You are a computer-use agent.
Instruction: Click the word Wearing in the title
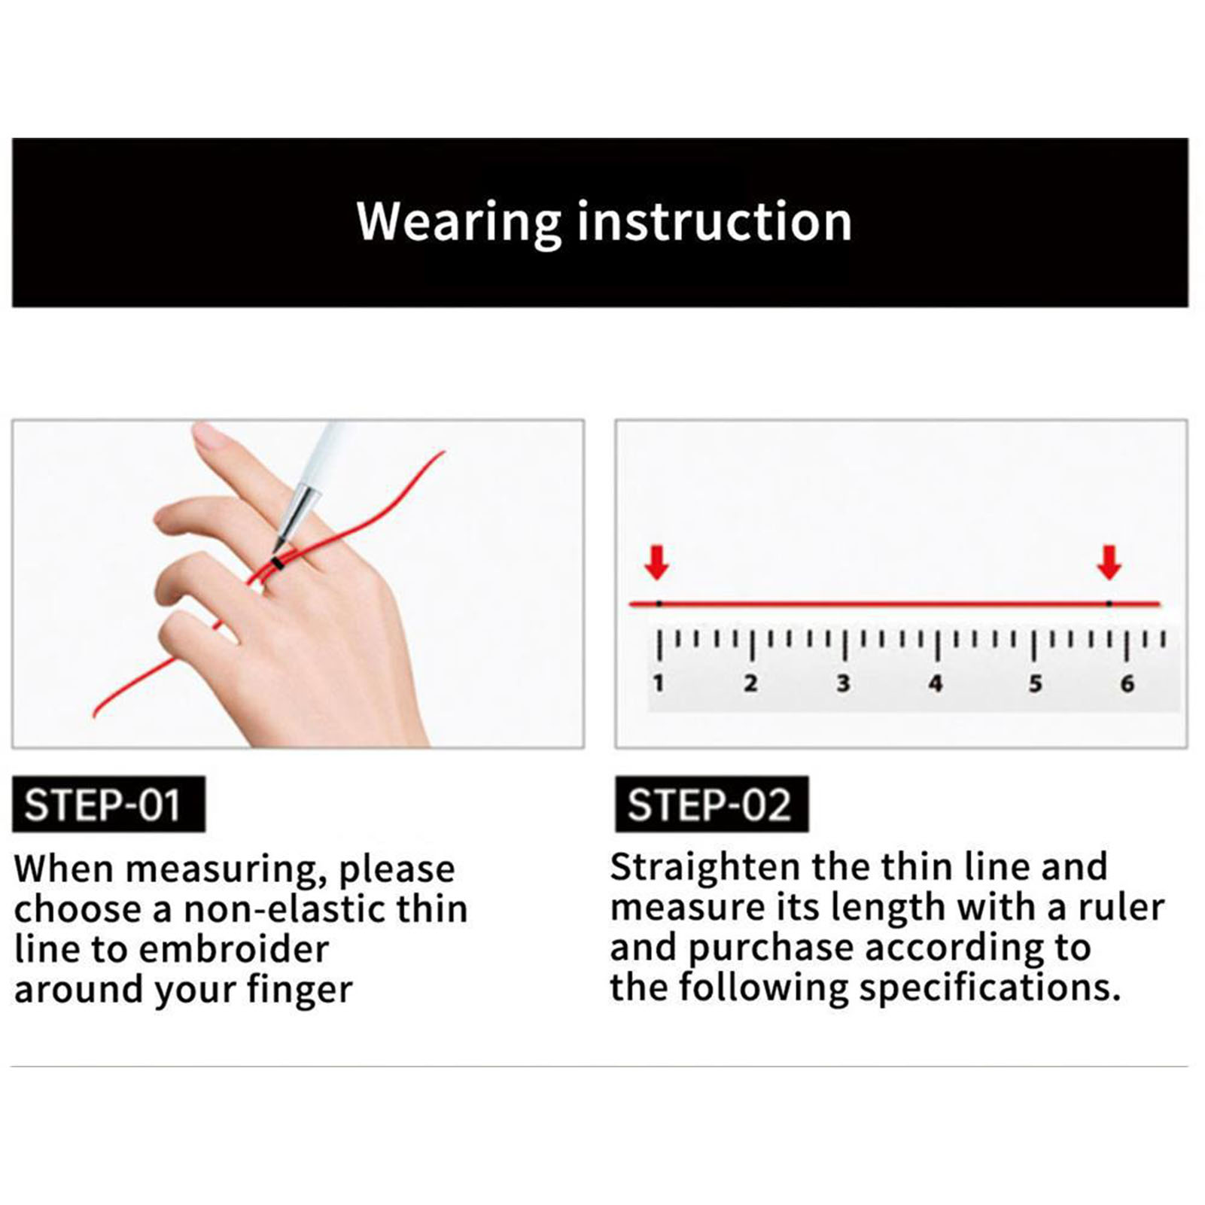(x=459, y=223)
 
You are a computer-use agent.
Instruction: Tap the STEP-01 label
(x=108, y=804)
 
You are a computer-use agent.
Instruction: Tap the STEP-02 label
(x=711, y=804)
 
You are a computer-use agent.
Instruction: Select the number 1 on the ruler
(x=659, y=683)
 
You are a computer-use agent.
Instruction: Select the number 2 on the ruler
(x=750, y=683)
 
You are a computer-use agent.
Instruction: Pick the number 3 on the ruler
(x=843, y=683)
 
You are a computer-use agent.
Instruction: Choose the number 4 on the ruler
(x=936, y=683)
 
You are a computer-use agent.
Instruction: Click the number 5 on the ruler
(x=1036, y=683)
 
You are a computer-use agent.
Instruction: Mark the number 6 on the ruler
(x=1127, y=683)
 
